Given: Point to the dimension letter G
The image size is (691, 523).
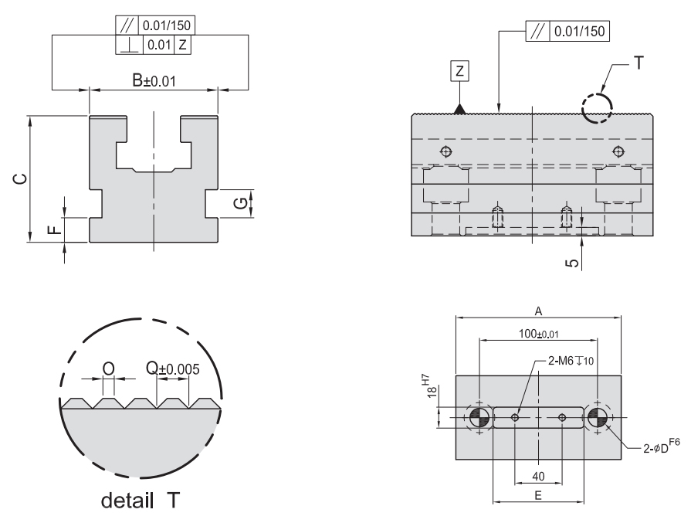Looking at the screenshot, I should point(241,203).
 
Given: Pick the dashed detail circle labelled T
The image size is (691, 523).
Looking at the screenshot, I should point(597,108).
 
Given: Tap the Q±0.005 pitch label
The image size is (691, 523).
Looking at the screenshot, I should point(172,368).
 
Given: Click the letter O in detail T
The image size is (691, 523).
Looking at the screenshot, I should point(108,368).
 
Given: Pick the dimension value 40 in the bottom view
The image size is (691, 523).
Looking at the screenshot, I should point(538,476).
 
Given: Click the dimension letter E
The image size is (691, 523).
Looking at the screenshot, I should point(538,496).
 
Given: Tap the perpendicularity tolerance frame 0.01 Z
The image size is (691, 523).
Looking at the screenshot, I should point(163,46).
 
